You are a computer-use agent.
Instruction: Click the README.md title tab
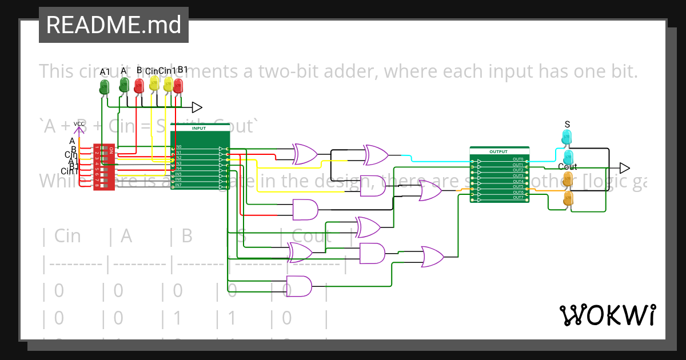point(114,25)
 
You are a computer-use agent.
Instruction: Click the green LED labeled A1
point(104,86)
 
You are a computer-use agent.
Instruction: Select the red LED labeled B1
point(178,86)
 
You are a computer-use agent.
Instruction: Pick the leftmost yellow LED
point(154,84)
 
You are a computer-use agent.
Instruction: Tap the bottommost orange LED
point(568,198)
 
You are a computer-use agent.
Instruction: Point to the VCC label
point(79,123)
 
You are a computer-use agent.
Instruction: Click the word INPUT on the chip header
point(200,129)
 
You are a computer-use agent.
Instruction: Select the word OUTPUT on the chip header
point(498,152)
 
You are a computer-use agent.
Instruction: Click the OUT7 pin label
point(518,198)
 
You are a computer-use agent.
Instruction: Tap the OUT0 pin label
point(518,159)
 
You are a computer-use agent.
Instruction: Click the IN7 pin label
point(178,185)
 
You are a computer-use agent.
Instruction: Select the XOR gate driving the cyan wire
point(376,154)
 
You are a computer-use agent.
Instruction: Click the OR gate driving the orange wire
point(430,191)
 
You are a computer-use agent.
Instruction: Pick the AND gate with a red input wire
point(305,210)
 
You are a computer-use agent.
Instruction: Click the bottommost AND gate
point(298,286)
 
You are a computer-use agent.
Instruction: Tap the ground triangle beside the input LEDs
point(197,107)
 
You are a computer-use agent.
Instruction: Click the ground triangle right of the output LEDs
point(624,168)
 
